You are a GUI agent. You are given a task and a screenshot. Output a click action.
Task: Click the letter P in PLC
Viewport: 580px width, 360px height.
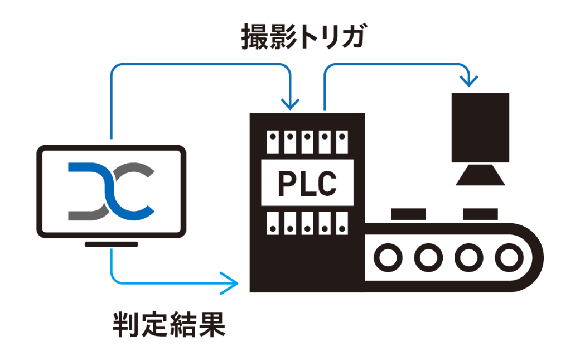tap(286, 184)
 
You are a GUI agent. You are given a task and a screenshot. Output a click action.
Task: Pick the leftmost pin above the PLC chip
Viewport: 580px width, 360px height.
tap(273, 142)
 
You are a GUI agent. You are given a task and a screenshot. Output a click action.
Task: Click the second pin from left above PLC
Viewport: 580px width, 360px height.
tap(290, 142)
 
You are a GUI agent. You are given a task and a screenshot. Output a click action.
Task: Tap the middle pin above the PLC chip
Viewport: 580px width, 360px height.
tap(307, 142)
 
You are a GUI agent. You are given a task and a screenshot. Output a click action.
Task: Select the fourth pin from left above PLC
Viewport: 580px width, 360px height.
tap(324, 142)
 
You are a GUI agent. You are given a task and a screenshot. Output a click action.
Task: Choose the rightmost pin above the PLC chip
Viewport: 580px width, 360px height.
tap(341, 142)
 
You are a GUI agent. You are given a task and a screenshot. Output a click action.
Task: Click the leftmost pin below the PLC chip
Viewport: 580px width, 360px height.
tap(273, 223)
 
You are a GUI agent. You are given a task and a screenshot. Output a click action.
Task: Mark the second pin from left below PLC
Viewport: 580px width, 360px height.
tap(290, 223)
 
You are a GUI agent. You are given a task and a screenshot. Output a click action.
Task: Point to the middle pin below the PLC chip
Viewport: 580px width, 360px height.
tap(307, 223)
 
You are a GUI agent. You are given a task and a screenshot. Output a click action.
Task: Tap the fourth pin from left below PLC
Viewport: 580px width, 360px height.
tap(324, 223)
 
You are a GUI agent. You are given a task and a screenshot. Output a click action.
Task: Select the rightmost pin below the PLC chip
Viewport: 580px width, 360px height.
tap(341, 223)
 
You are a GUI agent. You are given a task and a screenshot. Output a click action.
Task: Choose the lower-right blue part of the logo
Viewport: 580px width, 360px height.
tap(142, 209)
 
